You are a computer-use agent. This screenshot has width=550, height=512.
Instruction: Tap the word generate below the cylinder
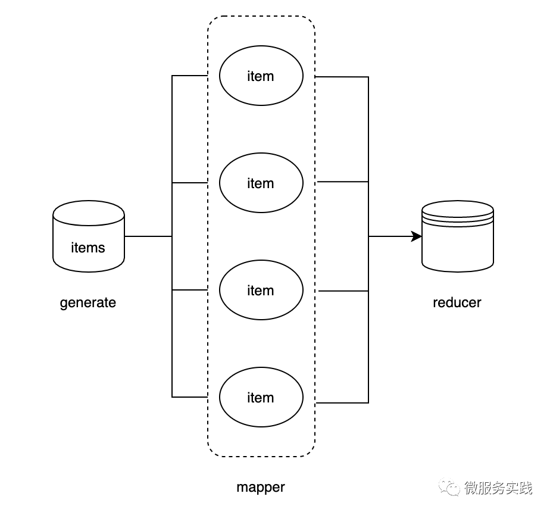point(88,302)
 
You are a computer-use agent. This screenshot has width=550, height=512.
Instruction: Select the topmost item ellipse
point(261,76)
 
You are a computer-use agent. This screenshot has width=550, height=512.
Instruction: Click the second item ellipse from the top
point(261,183)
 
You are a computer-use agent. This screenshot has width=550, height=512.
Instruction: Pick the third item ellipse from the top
point(261,290)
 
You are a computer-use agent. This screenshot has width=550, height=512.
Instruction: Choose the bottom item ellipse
point(261,397)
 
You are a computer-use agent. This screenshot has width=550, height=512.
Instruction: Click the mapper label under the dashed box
point(261,487)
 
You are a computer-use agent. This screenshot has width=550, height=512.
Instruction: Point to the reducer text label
point(457,302)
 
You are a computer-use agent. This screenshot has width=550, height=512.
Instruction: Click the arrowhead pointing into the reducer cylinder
point(417,236)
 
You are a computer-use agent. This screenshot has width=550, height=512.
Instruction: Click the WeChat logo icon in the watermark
point(450,488)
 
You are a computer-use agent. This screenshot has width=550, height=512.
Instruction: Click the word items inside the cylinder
point(88,248)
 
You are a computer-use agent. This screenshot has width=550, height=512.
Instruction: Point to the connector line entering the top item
point(189,76)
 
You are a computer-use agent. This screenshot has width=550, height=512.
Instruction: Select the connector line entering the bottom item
point(189,397)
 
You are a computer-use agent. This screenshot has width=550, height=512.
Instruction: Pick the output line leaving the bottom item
point(342,402)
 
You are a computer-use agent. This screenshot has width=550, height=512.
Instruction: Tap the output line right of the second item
point(343,182)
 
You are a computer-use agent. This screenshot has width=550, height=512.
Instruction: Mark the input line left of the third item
point(189,290)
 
